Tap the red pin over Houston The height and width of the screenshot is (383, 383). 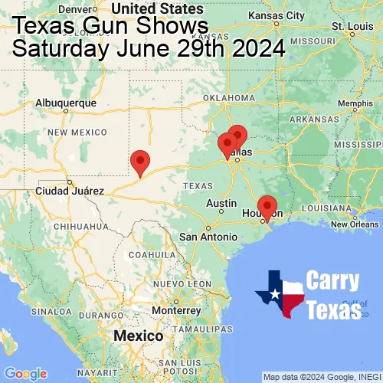point(267,206)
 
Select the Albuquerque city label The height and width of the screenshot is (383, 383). point(67,102)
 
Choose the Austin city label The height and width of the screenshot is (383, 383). point(221,204)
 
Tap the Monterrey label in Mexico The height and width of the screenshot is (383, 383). point(175,310)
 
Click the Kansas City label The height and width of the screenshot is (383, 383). point(280,16)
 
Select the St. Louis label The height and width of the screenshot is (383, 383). point(346,26)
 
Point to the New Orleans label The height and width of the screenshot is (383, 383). point(355,224)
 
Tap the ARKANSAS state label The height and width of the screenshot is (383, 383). point(313,119)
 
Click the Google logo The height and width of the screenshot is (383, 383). point(25,373)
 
